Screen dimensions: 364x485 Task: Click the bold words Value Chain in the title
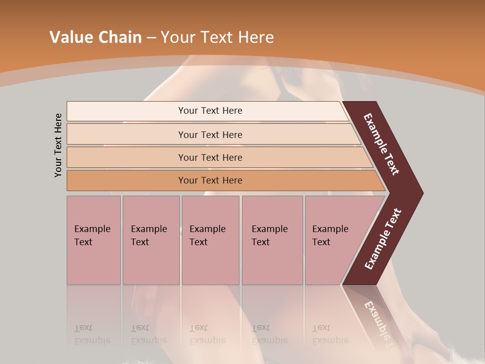pyautogui.click(x=95, y=37)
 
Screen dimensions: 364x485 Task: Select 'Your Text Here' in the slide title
pyautogui.click(x=217, y=37)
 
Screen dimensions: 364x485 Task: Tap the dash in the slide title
pyautogui.click(x=151, y=38)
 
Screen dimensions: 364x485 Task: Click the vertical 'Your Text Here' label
pyautogui.click(x=58, y=145)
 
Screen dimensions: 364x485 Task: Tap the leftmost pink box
pyautogui.click(x=93, y=240)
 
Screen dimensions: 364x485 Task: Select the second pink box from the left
pyautogui.click(x=151, y=240)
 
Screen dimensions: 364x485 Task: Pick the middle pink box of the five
pyautogui.click(x=210, y=240)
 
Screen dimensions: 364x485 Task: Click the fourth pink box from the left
pyautogui.click(x=272, y=240)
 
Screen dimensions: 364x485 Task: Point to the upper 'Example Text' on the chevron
pyautogui.click(x=381, y=144)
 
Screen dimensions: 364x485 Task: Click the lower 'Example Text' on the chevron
pyautogui.click(x=383, y=239)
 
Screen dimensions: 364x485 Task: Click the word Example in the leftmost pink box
pyautogui.click(x=92, y=229)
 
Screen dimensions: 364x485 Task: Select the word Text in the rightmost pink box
pyautogui.click(x=321, y=242)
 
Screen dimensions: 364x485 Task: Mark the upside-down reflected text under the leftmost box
pyautogui.click(x=92, y=334)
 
